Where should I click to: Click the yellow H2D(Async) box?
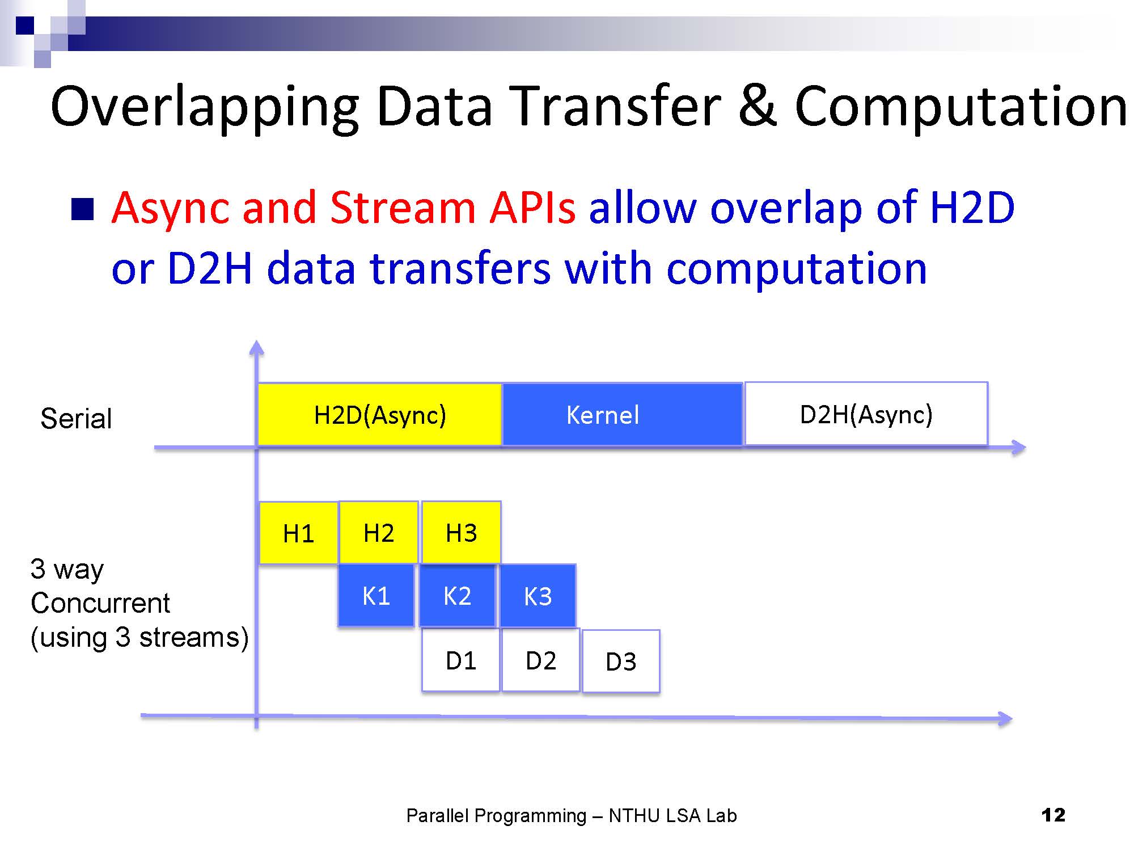tap(380, 415)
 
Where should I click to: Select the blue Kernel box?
tap(623, 415)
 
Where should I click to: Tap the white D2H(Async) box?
tap(866, 414)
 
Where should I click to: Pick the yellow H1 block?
tap(299, 533)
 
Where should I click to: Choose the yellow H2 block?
tap(379, 532)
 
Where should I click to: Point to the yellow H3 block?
tap(461, 532)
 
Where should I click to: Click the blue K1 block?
tap(376, 595)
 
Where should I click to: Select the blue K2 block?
tap(457, 596)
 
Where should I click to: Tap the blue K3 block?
tap(538, 596)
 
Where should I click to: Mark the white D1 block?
tap(461, 660)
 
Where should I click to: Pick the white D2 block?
tap(541, 660)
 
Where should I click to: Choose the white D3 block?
tap(621, 661)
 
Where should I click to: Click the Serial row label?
tap(76, 419)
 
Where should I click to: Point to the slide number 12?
tap(1053, 815)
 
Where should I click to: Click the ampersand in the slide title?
tap(758, 106)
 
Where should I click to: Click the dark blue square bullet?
tap(82, 209)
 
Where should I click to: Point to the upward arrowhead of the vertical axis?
tap(257, 347)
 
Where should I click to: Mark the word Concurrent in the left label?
tap(100, 603)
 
